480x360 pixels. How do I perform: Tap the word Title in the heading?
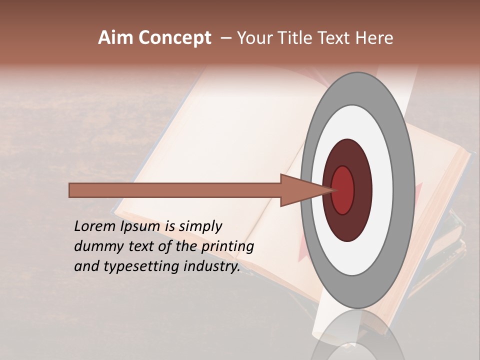pos(296,38)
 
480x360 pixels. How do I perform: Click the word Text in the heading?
pos(337,38)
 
